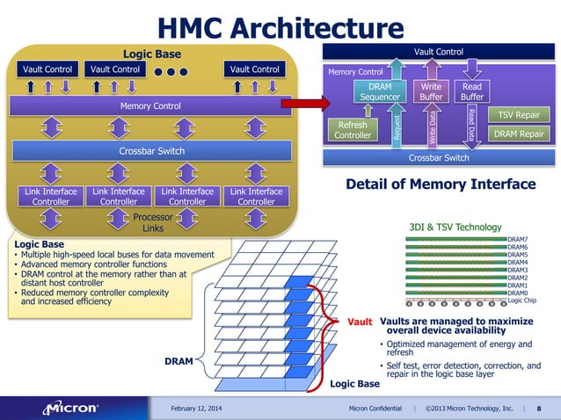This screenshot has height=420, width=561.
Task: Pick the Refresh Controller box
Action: pyautogui.click(x=353, y=130)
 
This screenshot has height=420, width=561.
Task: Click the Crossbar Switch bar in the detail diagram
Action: pyautogui.click(x=439, y=159)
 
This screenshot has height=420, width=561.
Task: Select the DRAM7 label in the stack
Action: pyautogui.click(x=518, y=239)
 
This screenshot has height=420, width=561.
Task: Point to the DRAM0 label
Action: pyautogui.click(x=518, y=293)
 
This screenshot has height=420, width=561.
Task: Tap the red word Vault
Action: pyautogui.click(x=361, y=322)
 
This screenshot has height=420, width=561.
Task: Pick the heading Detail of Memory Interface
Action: pyautogui.click(x=441, y=185)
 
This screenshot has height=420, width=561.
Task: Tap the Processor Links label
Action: pyautogui.click(x=153, y=222)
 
